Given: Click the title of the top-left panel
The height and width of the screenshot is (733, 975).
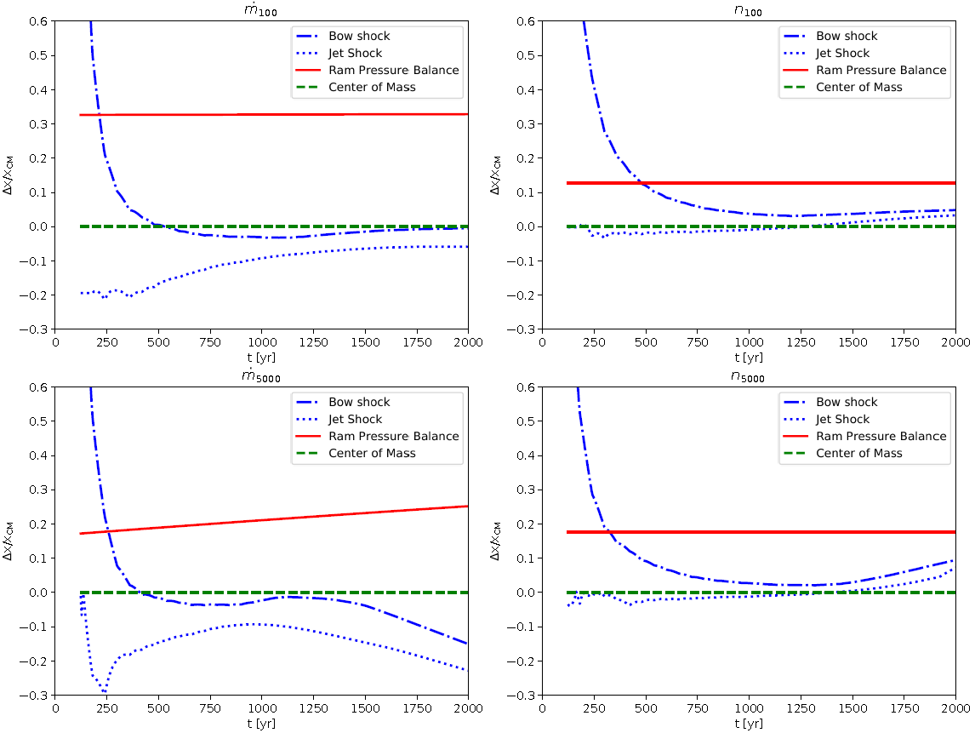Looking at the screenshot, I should click(261, 8).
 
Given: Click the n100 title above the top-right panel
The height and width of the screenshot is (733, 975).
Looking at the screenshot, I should click(749, 8).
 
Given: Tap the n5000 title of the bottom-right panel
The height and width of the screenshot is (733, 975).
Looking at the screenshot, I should click(749, 374).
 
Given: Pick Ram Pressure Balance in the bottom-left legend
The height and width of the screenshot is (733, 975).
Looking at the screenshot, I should click(376, 436).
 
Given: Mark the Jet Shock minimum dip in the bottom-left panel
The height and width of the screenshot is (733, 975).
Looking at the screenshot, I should click(104, 690).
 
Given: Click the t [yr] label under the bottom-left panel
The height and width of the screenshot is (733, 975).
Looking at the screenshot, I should click(261, 724).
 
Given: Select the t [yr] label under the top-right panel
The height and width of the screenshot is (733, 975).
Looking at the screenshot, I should click(749, 358).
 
